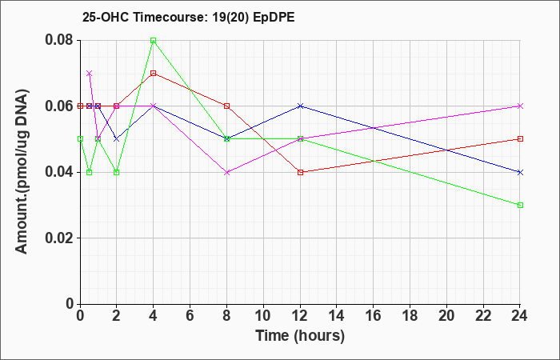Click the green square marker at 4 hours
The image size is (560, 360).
[154, 40]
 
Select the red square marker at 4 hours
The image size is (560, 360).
[154, 74]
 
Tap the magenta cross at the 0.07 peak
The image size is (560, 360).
[90, 74]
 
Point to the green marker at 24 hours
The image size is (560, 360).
[520, 205]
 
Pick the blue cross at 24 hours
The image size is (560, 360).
[520, 172]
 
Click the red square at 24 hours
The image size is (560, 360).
[520, 139]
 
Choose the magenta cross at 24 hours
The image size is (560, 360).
[520, 106]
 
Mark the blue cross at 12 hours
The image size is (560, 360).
[300, 106]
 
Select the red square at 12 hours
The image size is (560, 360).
[300, 172]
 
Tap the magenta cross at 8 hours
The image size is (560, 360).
[226, 172]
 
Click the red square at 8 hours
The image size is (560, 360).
[226, 106]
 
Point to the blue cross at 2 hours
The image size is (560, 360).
[117, 139]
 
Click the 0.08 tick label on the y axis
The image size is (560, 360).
[60, 40]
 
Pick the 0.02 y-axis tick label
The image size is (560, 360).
[60, 238]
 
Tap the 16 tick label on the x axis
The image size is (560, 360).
[374, 316]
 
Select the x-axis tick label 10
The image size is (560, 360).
[263, 316]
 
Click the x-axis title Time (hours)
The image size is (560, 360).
[300, 336]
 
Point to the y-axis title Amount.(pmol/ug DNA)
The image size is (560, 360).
[22, 172]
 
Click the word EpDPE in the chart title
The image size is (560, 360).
[274, 17]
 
